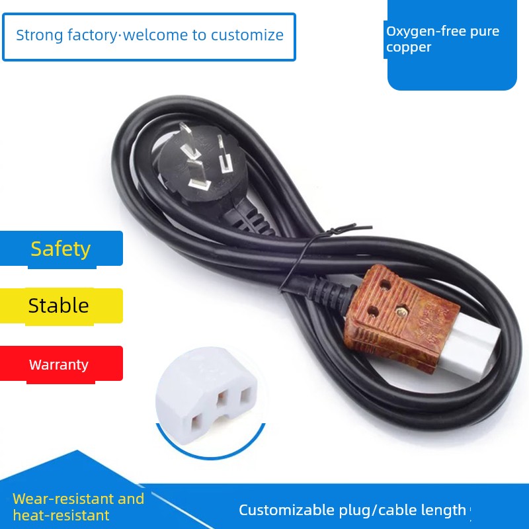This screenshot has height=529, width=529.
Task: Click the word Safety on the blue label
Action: coord(61,249)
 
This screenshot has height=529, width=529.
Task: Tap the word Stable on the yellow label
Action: coord(58,305)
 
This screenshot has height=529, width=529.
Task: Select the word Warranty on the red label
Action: coord(59,365)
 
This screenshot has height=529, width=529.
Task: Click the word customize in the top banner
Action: coord(247,36)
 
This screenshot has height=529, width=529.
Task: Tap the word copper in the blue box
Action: coord(409,48)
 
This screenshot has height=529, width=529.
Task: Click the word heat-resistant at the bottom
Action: coord(61,515)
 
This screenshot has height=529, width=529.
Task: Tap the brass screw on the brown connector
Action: coord(401,311)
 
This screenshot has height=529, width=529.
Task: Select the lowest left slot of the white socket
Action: coord(196,423)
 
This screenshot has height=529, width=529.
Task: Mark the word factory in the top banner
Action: coord(92,36)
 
